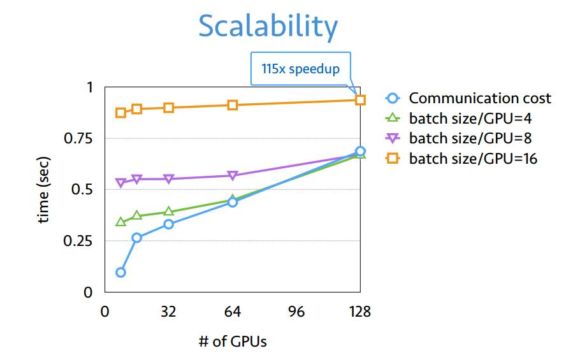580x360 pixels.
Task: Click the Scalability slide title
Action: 268,27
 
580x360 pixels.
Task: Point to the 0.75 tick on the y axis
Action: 79,138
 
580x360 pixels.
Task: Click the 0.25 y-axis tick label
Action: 79,241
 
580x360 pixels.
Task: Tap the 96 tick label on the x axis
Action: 296,312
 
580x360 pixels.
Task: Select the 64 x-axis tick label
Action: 233,312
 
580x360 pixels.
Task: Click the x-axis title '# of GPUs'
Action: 233,341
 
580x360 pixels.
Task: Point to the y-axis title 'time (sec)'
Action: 43,190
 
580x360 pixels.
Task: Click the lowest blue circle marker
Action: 120,272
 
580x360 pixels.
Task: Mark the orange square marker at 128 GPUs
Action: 360,99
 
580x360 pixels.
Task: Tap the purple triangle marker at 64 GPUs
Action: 233,176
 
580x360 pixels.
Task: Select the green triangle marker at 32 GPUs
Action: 168,212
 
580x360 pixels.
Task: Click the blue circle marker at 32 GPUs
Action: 168,224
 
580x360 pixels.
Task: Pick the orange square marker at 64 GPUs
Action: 233,104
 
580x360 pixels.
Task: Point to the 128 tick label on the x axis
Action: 360,312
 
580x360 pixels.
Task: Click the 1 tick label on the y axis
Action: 89,87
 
